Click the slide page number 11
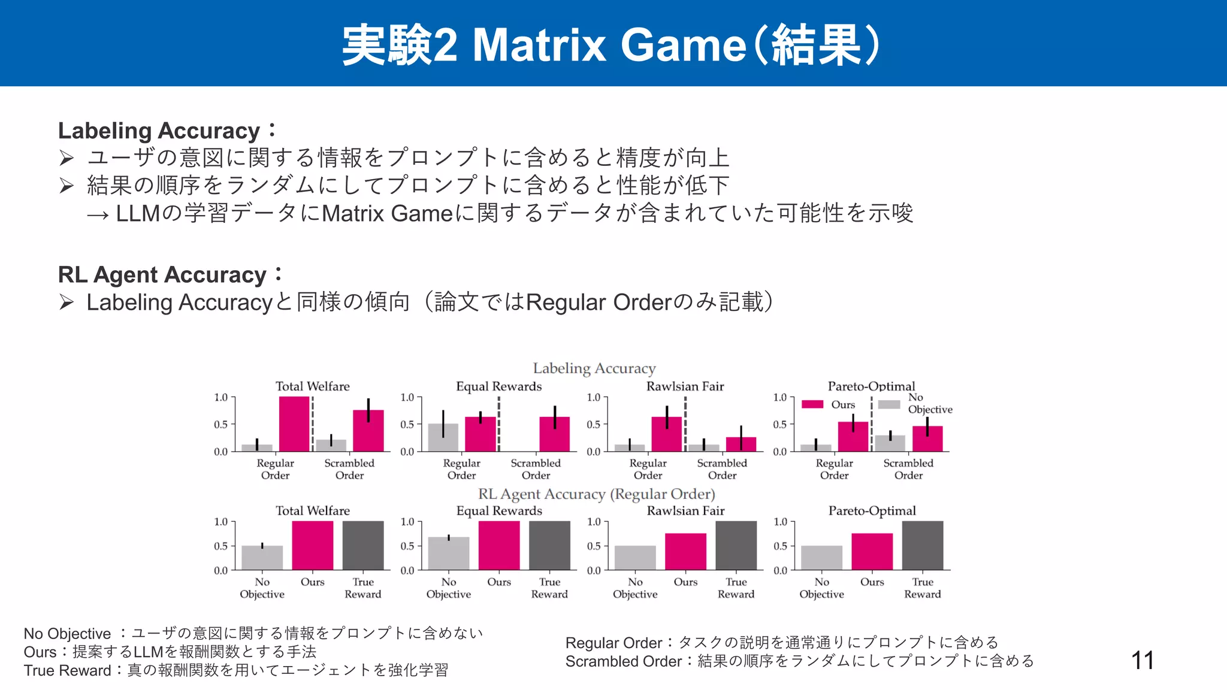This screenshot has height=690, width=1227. click(x=1143, y=661)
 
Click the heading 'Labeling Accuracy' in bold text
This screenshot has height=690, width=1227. click(x=159, y=131)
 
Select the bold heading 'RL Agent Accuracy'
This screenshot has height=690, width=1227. click(x=162, y=274)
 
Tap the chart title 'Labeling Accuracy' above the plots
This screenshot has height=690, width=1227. click(x=594, y=368)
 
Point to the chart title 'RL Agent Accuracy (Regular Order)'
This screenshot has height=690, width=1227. click(x=596, y=494)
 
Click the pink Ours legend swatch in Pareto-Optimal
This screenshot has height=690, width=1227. click(x=812, y=404)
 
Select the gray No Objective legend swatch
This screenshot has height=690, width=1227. click(x=889, y=404)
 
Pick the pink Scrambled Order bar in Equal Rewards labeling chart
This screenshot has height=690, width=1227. click(x=554, y=434)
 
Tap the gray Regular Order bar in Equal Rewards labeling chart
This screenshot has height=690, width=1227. click(x=443, y=438)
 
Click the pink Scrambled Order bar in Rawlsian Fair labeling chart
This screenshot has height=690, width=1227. click(x=741, y=444)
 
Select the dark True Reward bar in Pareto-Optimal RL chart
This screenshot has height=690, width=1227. click(x=922, y=546)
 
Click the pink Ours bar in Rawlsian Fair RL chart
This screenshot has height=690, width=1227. click(x=685, y=552)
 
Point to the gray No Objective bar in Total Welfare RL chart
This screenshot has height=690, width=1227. click(x=262, y=558)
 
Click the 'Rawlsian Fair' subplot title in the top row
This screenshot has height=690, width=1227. click(x=685, y=386)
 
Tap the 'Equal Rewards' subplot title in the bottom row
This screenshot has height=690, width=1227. click(x=499, y=511)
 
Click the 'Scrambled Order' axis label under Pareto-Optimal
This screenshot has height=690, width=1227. click(x=908, y=469)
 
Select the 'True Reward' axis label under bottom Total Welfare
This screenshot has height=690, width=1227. click(x=362, y=588)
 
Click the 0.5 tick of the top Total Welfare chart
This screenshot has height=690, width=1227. click(x=221, y=425)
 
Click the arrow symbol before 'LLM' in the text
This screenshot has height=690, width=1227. click(x=98, y=214)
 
